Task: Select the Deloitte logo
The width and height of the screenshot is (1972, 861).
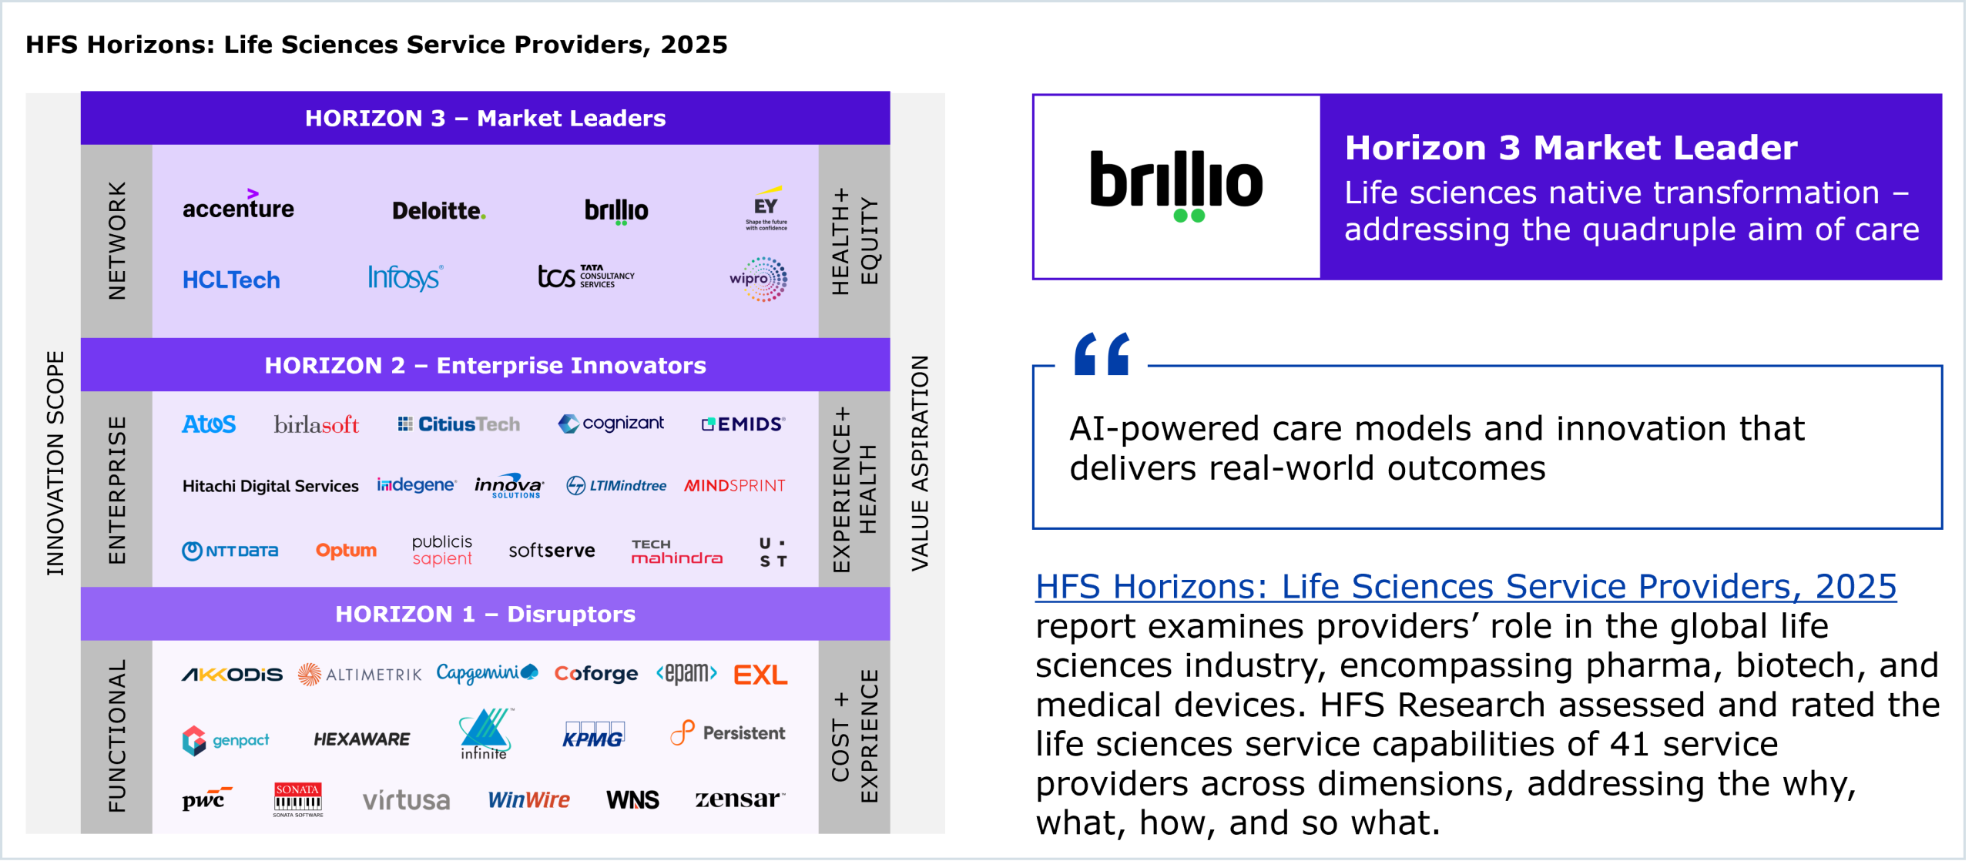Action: pos(439,210)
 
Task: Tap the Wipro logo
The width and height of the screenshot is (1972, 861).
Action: pos(759,279)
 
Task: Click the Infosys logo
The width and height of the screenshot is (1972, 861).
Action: pos(405,277)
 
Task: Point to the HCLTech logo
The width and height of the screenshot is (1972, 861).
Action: pos(231,280)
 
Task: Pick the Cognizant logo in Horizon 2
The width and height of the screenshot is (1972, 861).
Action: pos(612,424)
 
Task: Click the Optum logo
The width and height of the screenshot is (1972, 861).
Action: pos(346,551)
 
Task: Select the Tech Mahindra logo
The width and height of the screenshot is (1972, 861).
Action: pos(676,551)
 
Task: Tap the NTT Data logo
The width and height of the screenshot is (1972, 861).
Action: pos(230,551)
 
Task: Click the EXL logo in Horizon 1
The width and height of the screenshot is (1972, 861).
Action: pos(760,675)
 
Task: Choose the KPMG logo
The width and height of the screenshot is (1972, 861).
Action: pos(593,735)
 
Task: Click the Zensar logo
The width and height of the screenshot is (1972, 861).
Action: pos(740,799)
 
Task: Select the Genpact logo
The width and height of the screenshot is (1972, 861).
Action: pos(226,740)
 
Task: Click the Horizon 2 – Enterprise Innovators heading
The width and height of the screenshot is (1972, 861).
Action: pos(485,365)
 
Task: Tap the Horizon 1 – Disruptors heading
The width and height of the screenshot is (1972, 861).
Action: pos(485,614)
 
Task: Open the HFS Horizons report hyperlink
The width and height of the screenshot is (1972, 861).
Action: pos(1466,587)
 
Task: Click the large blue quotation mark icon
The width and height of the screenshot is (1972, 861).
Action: pos(1102,353)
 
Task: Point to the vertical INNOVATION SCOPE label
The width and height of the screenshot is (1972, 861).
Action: pos(55,463)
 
